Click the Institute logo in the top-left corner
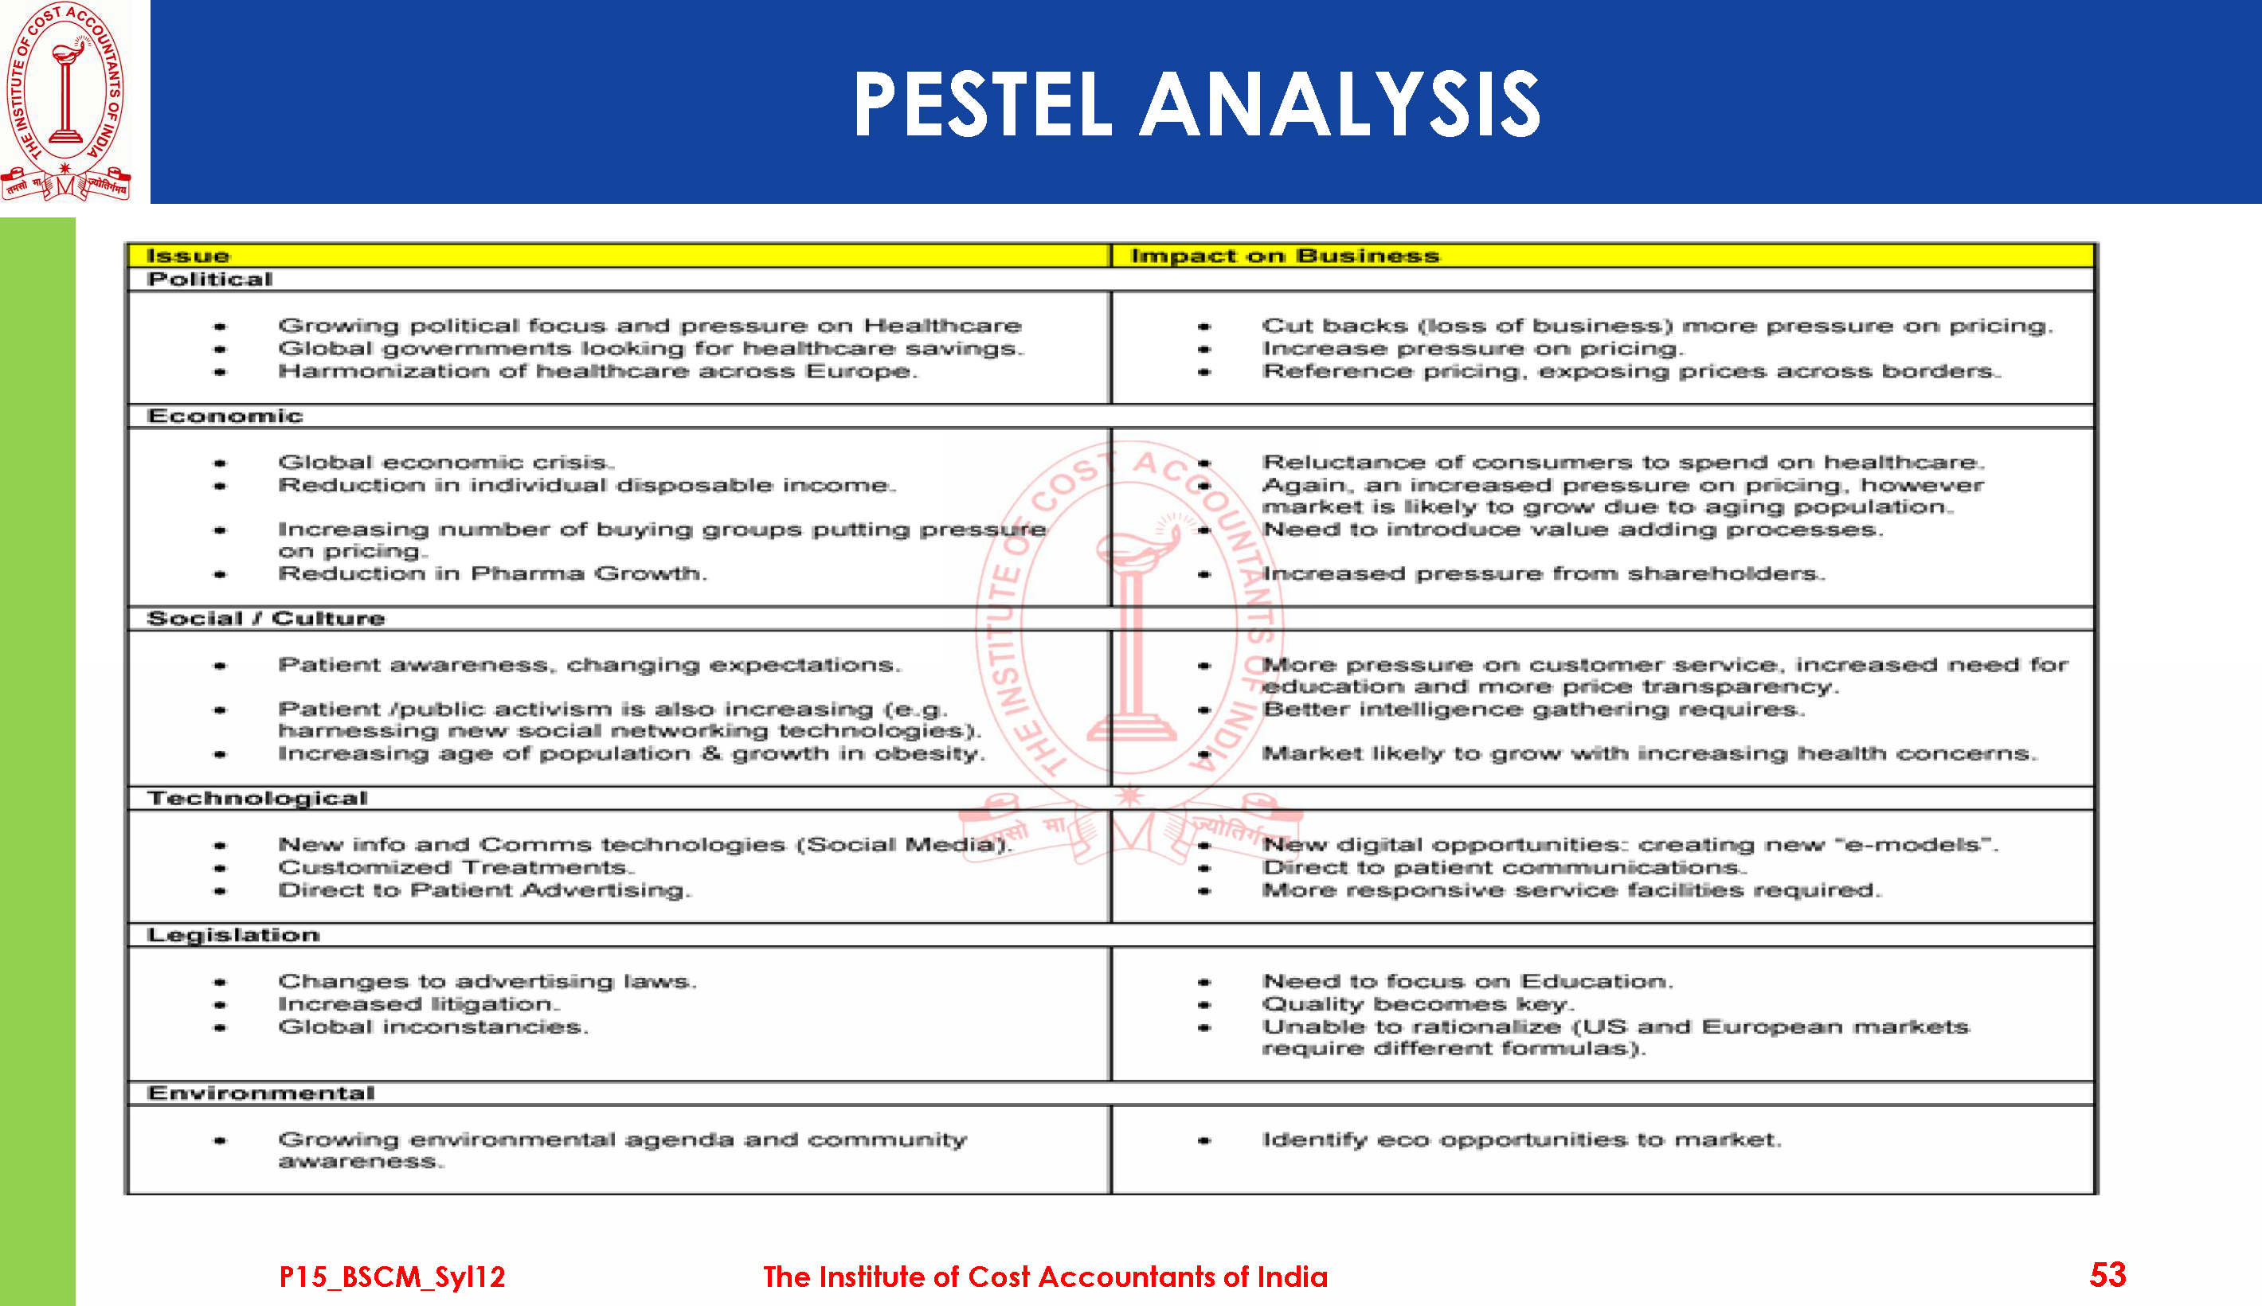65,100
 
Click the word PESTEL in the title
981,105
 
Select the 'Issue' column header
187,256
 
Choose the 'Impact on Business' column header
1285,256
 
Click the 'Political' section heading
210,280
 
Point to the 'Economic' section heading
225,416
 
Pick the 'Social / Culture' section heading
265,619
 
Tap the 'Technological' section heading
257,798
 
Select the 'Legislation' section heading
233,936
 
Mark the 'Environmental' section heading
261,1093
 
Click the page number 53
2107,1275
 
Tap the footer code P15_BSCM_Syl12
392,1277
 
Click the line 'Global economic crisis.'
446,463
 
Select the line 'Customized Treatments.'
456,868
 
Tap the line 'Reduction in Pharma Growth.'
491,574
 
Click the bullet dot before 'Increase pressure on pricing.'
1203,350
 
